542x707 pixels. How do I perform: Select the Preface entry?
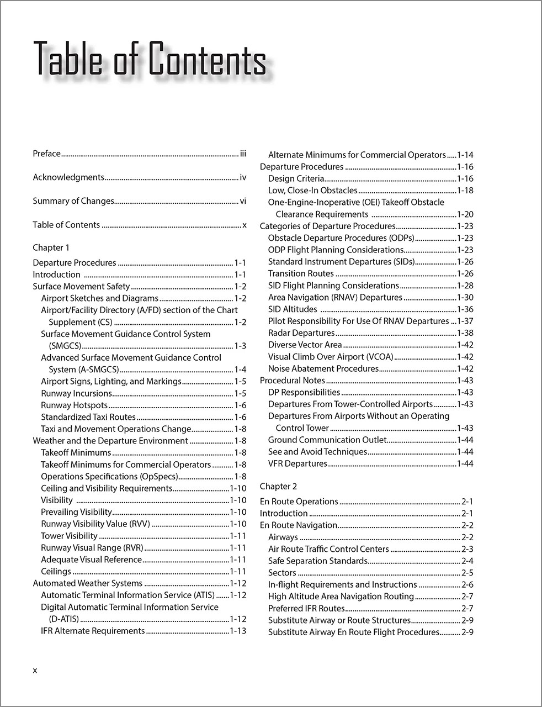pyautogui.click(x=47, y=154)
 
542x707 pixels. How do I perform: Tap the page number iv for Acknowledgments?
pyautogui.click(x=243, y=177)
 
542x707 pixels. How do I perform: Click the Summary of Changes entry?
pyautogui.click(x=73, y=201)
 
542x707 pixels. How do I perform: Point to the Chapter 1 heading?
pyautogui.click(x=51, y=247)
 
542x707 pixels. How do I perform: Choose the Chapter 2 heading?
pyautogui.click(x=279, y=486)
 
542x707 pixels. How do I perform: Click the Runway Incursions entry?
pyautogui.click(x=76, y=393)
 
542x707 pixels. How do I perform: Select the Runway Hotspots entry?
pyautogui.click(x=74, y=405)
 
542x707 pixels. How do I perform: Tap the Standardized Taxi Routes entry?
pyautogui.click(x=88, y=417)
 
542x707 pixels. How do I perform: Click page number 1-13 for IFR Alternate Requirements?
pyautogui.click(x=238, y=631)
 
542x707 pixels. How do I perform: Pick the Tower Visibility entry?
pyautogui.click(x=69, y=536)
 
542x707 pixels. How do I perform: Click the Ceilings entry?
pyautogui.click(x=56, y=571)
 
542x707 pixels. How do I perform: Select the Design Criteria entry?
pyautogui.click(x=296, y=178)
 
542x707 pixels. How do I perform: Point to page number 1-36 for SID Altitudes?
pyautogui.click(x=465, y=309)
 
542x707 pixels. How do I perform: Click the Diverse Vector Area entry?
pyautogui.click(x=305, y=345)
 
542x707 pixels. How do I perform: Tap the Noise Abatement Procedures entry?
pyautogui.click(x=323, y=368)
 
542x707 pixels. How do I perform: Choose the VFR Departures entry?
pyautogui.click(x=297, y=463)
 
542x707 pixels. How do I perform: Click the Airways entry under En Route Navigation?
pyautogui.click(x=283, y=537)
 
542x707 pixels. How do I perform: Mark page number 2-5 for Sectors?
pyautogui.click(x=467, y=573)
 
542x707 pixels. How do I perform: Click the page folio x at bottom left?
pyautogui.click(x=35, y=671)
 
